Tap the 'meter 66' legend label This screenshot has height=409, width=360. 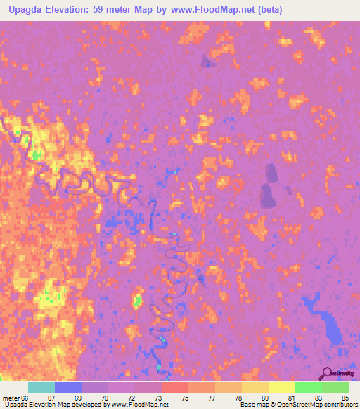click(15, 398)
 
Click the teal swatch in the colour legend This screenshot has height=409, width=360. click(41, 387)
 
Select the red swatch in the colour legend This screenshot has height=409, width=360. click(175, 387)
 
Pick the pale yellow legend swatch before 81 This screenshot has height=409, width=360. click(281, 387)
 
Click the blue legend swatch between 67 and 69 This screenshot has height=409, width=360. click(68, 387)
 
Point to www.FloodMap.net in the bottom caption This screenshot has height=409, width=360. click(134, 405)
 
